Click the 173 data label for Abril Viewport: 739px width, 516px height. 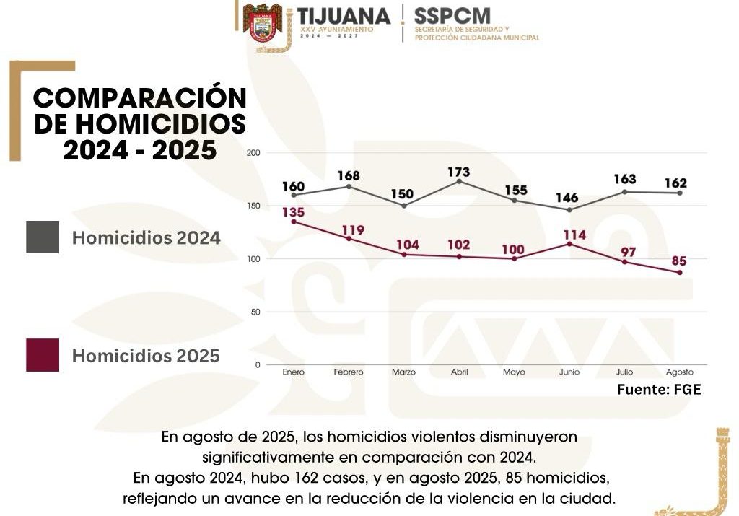pos(458,172)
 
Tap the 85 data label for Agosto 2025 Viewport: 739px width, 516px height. pos(678,260)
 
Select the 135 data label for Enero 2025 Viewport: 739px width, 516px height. pos(293,212)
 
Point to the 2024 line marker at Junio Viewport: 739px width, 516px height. pos(569,210)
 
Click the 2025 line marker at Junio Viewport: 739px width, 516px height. pos(569,244)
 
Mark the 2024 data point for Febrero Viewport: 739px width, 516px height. pos(349,186)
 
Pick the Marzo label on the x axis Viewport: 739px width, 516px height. pos(403,372)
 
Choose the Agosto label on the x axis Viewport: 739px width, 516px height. pos(679,372)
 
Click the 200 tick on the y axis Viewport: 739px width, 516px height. pos(253,153)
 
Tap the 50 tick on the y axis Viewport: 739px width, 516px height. pos(255,312)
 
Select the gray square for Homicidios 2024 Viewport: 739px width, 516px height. pos(43,237)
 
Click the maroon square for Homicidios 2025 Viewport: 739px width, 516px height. pos(43,355)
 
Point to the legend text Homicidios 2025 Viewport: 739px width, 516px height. pos(146,356)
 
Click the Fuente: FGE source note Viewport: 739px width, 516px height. pos(659,390)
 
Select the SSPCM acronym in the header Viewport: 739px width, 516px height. pos(452,14)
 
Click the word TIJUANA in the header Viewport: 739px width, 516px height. pos(344,15)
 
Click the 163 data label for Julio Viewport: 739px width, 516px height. pos(624,179)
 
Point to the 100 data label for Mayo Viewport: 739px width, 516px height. pos(514,250)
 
